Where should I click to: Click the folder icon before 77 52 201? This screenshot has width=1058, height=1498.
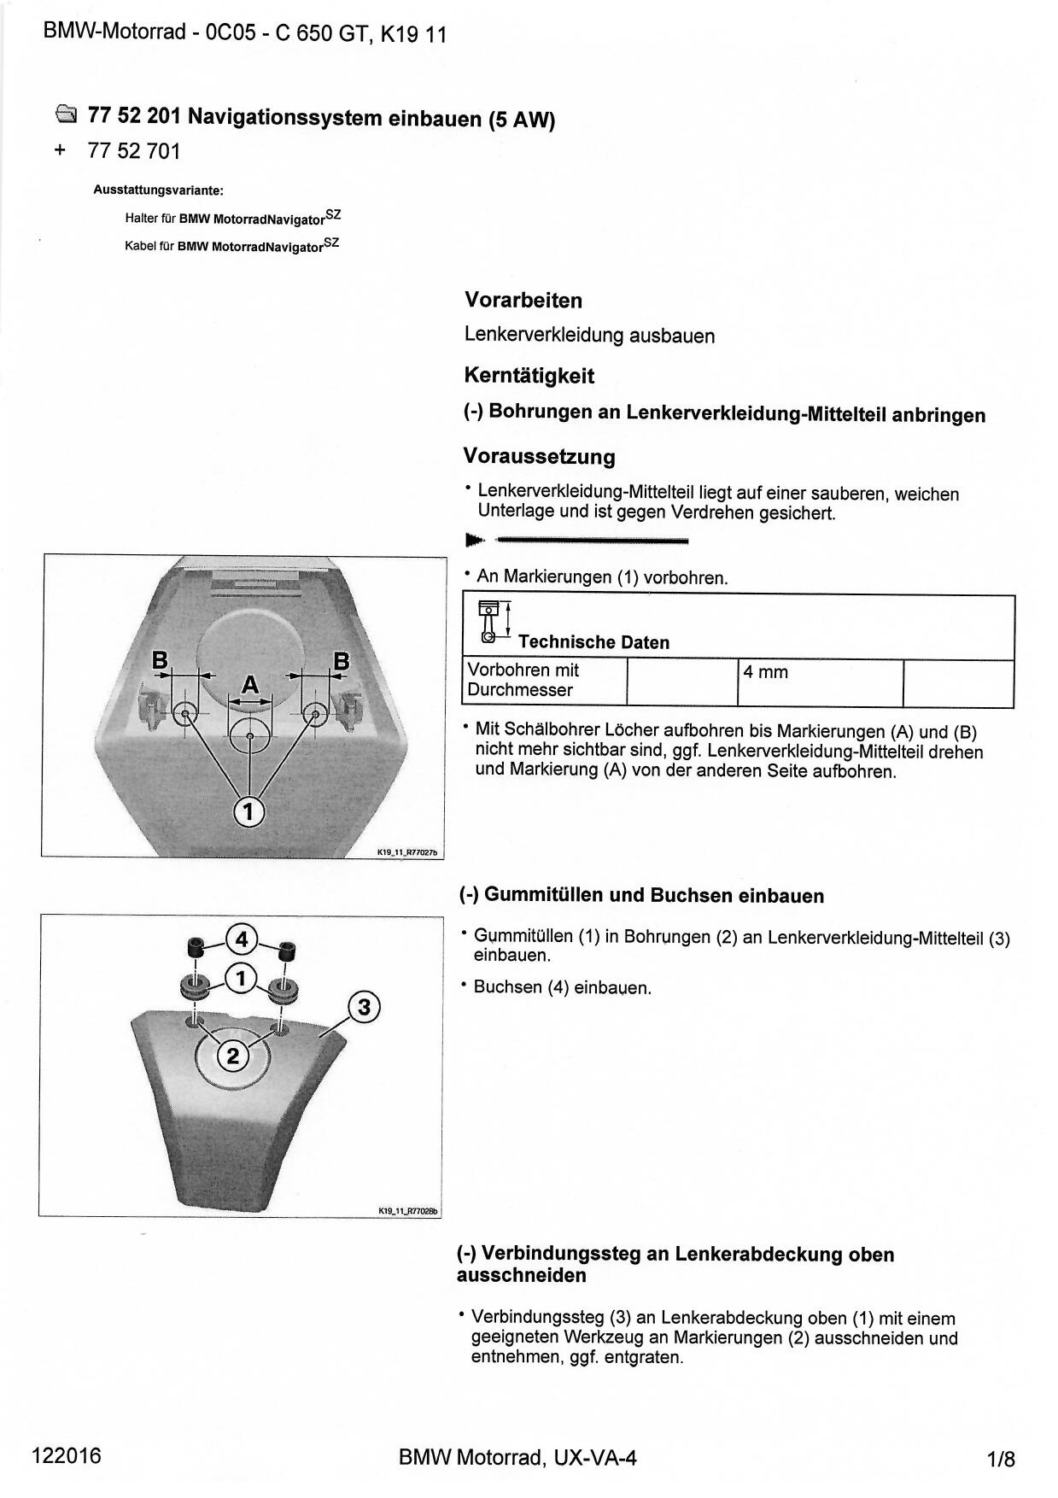point(66,114)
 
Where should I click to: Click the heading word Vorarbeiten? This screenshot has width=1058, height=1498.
point(523,301)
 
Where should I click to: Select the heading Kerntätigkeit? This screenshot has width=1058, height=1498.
point(529,376)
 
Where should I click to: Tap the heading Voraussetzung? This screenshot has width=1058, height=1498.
point(539,456)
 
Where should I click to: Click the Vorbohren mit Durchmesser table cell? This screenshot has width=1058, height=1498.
point(544,681)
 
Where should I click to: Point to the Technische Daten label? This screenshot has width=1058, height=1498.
point(593,642)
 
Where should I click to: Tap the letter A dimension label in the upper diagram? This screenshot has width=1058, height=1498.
point(249,685)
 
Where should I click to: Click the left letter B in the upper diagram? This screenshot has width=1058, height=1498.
point(160,660)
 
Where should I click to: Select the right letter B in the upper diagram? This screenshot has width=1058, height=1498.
point(341,660)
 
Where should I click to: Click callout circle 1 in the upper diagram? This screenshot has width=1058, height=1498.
point(248,810)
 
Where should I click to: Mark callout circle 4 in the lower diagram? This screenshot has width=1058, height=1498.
point(242,939)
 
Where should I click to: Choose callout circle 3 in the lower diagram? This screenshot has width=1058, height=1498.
point(365,1007)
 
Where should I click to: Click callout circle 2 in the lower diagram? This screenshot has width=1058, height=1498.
point(232,1056)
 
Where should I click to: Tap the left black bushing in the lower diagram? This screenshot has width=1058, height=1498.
point(196,947)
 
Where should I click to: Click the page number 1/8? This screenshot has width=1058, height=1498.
point(1001,1459)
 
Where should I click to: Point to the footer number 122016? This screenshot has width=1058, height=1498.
point(66,1455)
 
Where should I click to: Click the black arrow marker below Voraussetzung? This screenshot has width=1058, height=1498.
point(475,540)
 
